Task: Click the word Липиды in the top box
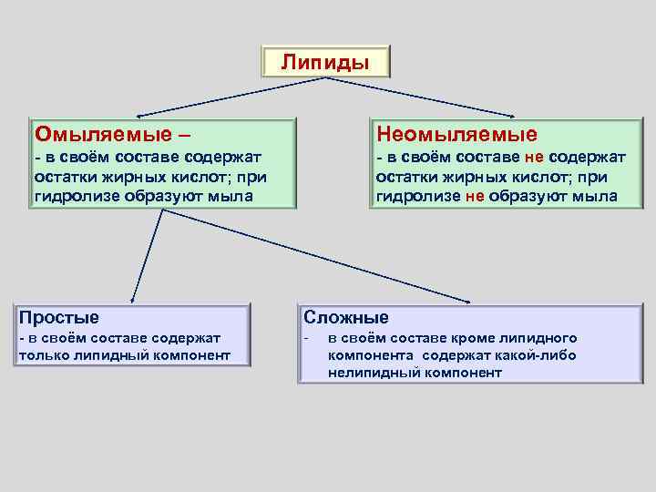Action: [325, 62]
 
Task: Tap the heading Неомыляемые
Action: [456, 135]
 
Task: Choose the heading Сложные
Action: [346, 317]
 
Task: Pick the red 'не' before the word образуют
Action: [475, 196]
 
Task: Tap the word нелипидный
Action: [374, 373]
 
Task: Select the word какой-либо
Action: [535, 355]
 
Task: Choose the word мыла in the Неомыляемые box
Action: [596, 196]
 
